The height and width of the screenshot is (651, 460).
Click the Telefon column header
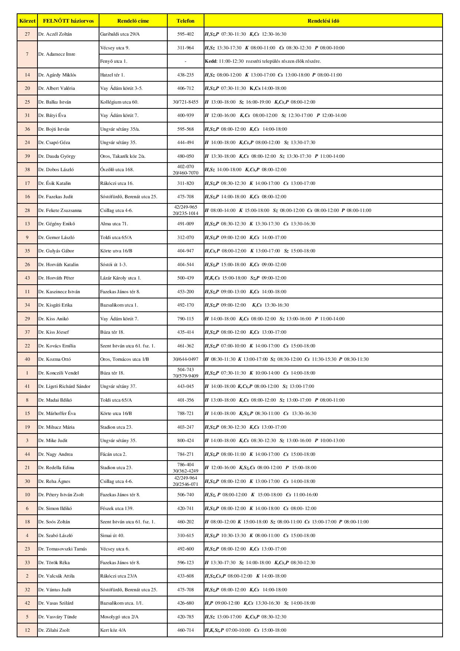185,21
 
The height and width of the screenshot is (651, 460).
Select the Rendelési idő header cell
323,21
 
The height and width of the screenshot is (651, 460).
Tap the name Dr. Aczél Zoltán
55,34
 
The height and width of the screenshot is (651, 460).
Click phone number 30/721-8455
185,102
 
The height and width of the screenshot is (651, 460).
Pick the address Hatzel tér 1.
112,75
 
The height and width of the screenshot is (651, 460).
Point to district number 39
27,156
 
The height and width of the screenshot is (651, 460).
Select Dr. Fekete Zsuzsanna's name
60,210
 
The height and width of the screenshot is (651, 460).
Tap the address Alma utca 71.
114,224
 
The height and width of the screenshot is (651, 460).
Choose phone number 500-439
185,278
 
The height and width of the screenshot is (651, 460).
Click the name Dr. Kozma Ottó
54,359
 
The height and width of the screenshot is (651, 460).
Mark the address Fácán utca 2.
113,454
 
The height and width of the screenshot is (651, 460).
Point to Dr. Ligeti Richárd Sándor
64,386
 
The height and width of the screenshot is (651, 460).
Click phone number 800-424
185,441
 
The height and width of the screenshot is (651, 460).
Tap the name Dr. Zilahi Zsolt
54,630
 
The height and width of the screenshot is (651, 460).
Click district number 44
27,454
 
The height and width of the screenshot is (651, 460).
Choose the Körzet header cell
27,21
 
